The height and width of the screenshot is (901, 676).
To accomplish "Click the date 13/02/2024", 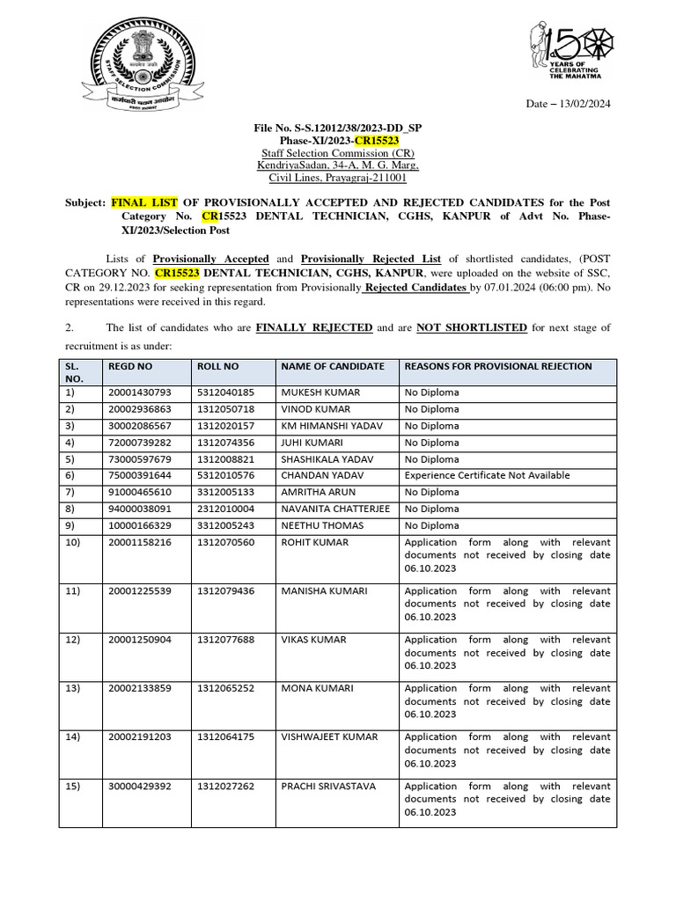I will [580, 104].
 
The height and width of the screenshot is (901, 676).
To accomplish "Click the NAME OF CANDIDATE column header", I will [332, 366].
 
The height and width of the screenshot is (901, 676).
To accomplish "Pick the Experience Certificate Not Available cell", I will [487, 475].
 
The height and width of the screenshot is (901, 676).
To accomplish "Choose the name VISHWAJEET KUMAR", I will [329, 736].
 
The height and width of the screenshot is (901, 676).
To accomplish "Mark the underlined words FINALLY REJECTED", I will [314, 327].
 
